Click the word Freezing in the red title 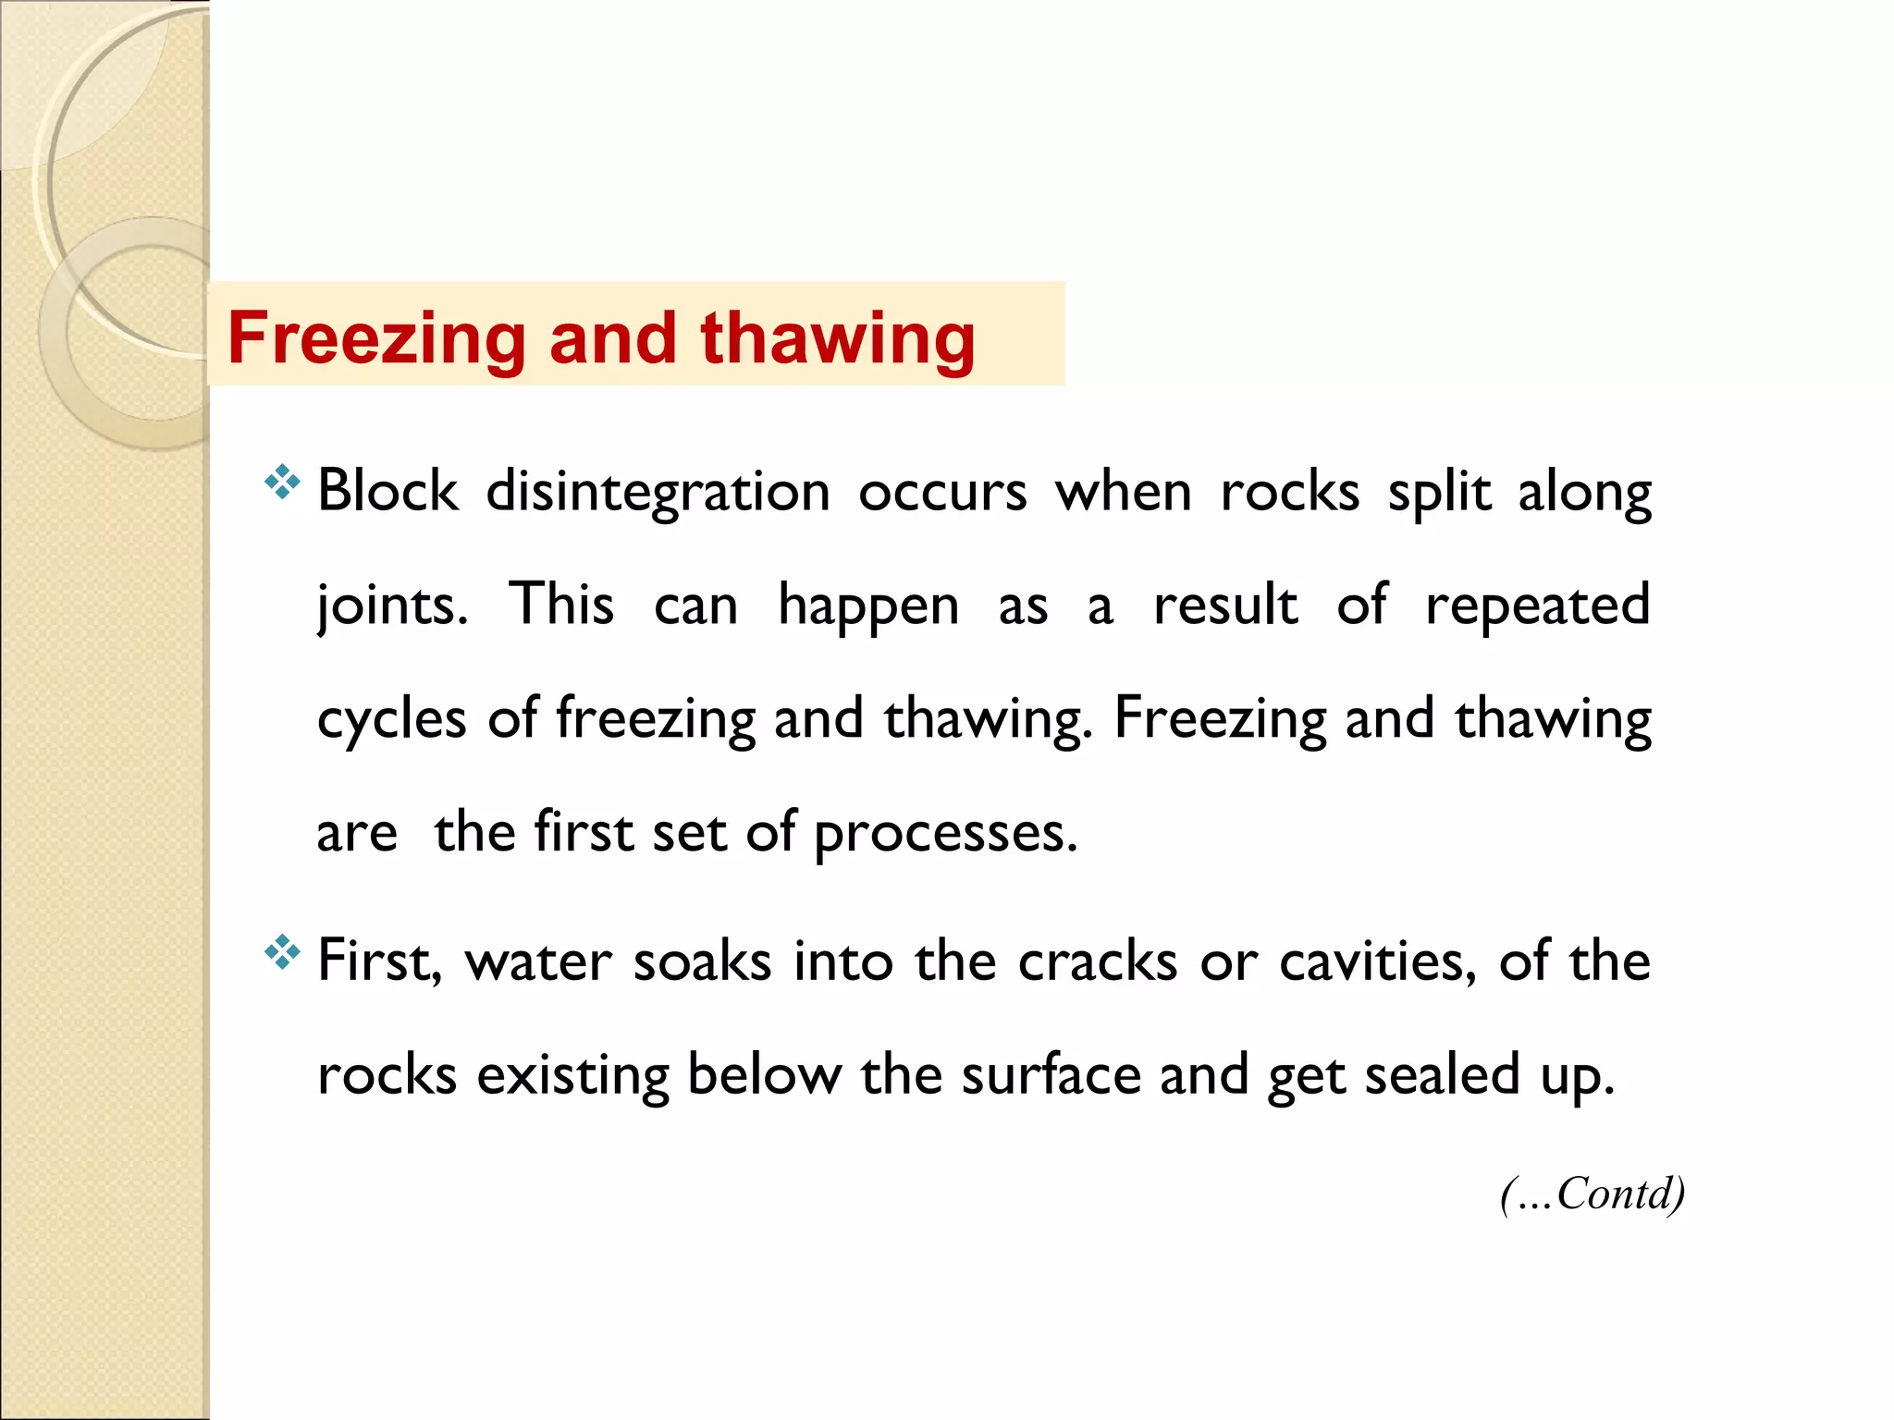tap(377, 338)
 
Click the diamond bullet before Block tap(282, 483)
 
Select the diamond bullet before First tap(282, 952)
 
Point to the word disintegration tap(658, 492)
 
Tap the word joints tap(392, 606)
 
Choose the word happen tap(868, 606)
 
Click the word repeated tap(1537, 606)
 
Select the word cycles tap(391, 719)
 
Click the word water tap(538, 961)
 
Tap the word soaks tap(702, 961)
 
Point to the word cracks tap(1098, 961)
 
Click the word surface tap(1051, 1074)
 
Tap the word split tap(1439, 492)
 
